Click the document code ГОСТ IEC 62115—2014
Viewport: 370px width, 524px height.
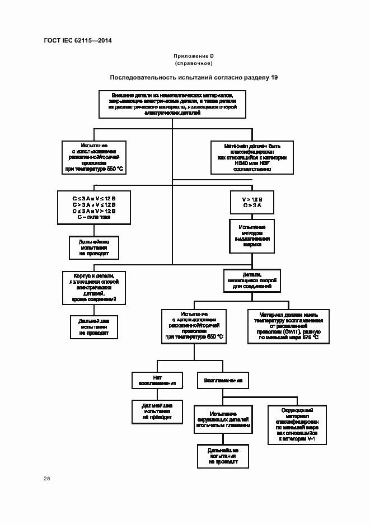77,41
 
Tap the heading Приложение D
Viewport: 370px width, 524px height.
194,57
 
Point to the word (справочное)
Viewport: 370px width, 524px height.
194,64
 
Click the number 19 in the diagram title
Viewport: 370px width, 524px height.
274,77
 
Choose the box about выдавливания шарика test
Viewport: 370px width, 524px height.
252,236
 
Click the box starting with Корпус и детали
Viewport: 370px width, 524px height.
93,288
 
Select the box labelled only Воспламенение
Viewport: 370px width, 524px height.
223,380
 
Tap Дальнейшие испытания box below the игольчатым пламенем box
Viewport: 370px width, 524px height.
223,456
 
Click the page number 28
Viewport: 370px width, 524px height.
47,479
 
